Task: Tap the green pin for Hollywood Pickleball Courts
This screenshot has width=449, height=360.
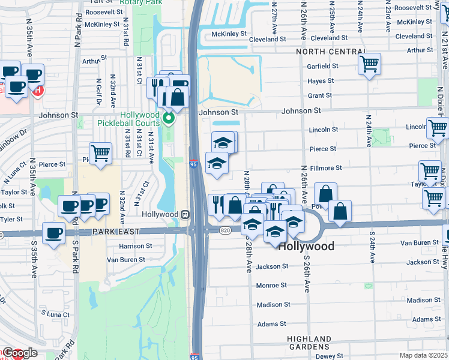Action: pyautogui.click(x=170, y=118)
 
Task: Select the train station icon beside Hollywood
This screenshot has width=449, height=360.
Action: pyautogui.click(x=185, y=214)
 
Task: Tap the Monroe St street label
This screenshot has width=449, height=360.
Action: pyautogui.click(x=272, y=286)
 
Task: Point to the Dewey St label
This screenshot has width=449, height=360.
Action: pyautogui.click(x=330, y=356)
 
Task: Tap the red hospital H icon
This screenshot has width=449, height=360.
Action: pyautogui.click(x=38, y=91)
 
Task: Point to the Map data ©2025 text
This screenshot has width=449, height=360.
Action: pyautogui.click(x=424, y=355)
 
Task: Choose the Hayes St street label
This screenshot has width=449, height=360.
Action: pyautogui.click(x=321, y=81)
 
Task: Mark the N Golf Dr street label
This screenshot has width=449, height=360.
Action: pyautogui.click(x=98, y=92)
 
